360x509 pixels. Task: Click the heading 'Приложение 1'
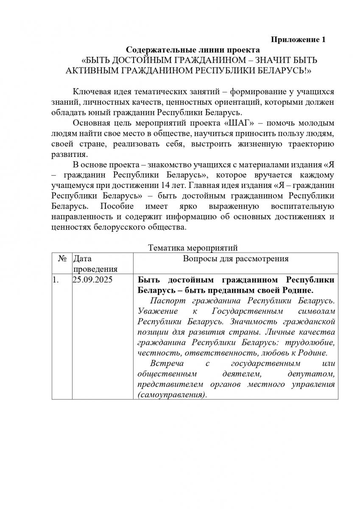[x=298, y=40]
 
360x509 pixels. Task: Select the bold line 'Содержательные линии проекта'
[x=184, y=50]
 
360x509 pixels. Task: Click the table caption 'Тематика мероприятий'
[x=193, y=247]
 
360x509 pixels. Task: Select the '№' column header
[x=62, y=259]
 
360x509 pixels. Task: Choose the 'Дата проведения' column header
[x=95, y=263]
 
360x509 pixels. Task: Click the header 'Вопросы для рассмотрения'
[x=236, y=259]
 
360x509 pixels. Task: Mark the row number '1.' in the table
[x=55, y=280]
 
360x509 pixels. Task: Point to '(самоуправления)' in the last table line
[x=172, y=394]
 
